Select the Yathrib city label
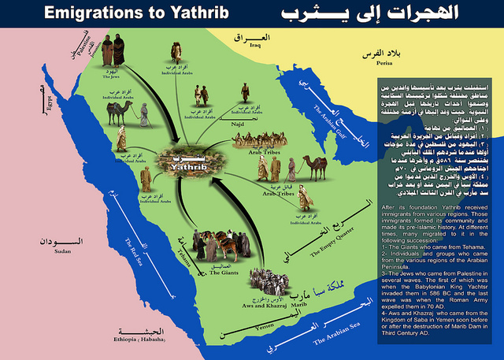click(x=188, y=166)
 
